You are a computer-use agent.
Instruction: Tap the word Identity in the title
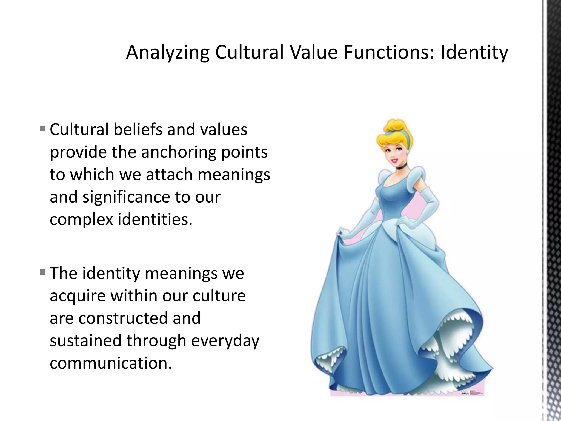(x=474, y=52)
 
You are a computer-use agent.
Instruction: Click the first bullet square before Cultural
(x=42, y=128)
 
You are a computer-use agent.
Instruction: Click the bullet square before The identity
(x=42, y=272)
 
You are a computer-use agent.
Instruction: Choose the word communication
(x=111, y=363)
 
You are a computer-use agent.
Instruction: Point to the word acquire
(x=78, y=296)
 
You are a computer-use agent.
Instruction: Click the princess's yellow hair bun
(x=394, y=126)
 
